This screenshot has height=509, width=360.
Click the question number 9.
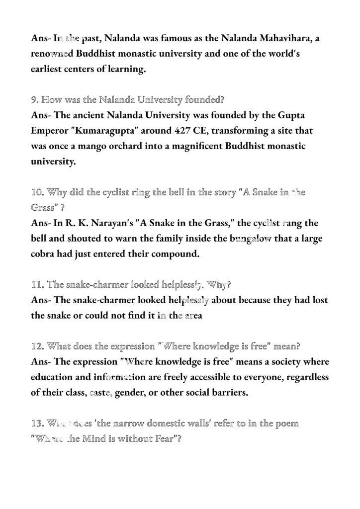34,100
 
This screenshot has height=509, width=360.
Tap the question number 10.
36,193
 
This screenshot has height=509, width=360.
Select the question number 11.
36,285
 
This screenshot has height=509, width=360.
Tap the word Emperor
52,131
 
